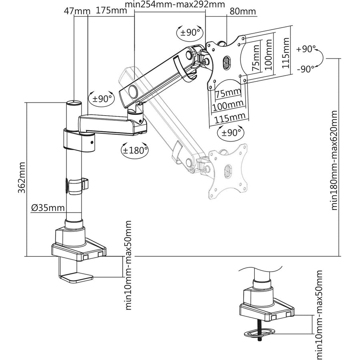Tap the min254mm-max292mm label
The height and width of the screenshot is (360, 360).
point(175,5)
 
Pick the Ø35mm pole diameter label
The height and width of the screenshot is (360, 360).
point(48,208)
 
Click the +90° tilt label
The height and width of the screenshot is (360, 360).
point(306,49)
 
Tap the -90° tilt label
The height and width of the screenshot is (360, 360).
point(306,69)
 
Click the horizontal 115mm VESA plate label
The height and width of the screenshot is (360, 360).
point(230,116)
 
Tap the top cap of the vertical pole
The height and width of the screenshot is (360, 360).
point(74,103)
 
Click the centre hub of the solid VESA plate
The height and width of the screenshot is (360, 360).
point(226,62)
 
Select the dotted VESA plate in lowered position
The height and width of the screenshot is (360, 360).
point(227,170)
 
